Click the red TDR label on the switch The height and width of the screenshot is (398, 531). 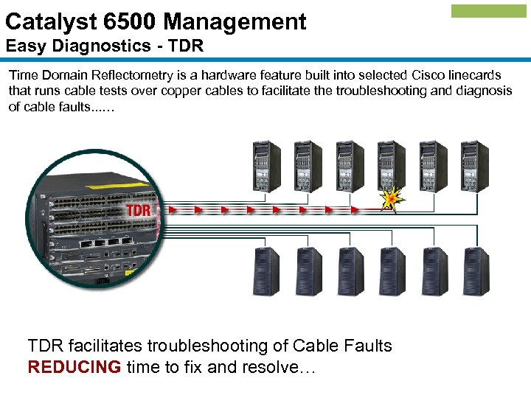click(x=139, y=210)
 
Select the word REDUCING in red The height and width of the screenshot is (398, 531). click(x=74, y=367)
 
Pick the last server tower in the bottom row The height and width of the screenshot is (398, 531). click(x=476, y=270)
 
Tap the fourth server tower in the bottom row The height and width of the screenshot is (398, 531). click(x=392, y=270)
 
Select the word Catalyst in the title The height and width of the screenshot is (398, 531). click(x=43, y=21)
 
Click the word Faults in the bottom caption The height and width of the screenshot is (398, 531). click(x=367, y=346)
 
